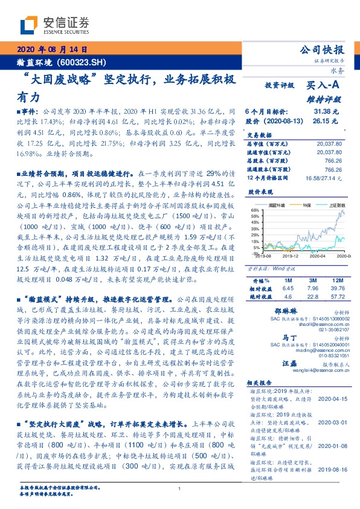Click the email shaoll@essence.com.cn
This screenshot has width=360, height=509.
tap(318, 325)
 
